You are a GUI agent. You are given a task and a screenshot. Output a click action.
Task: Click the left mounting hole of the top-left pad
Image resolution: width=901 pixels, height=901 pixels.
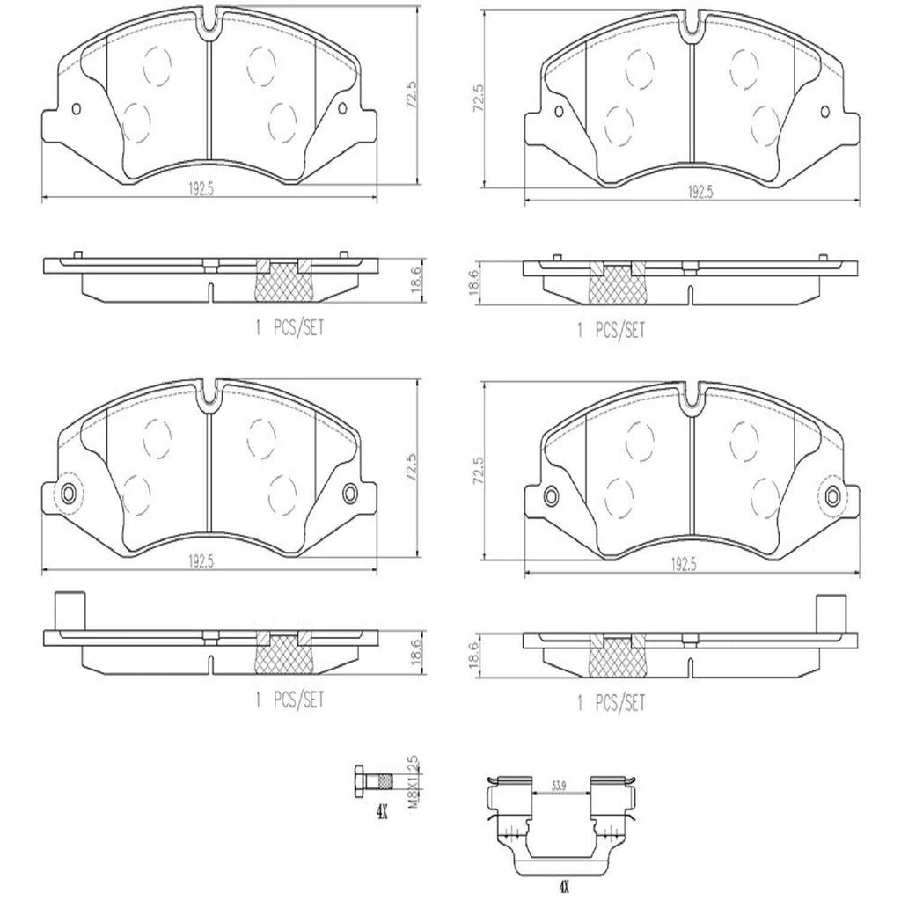coord(75,110)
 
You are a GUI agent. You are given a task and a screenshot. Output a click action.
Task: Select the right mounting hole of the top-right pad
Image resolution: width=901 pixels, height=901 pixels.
coord(824,112)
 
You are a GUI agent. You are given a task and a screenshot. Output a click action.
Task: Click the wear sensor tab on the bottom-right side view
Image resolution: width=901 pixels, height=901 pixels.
coord(827,611)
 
